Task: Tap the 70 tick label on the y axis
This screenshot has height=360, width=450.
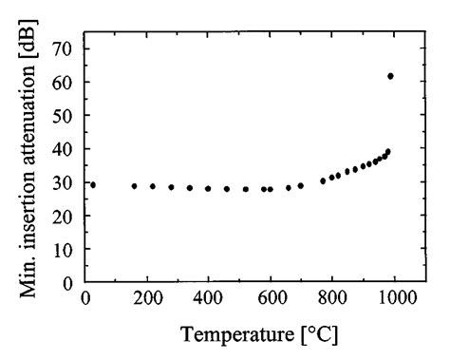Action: (67, 47)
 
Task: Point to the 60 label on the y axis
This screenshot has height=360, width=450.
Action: (67, 82)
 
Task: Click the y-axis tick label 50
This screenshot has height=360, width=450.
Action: (67, 115)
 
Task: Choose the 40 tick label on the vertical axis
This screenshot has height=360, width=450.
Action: (67, 148)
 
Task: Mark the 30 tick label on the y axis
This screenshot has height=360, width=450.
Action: (67, 181)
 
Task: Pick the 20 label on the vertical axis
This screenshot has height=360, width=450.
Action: (67, 215)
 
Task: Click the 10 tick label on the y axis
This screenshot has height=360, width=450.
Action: (67, 248)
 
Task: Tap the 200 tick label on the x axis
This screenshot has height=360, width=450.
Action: (147, 298)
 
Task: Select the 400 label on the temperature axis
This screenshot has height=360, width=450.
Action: (209, 298)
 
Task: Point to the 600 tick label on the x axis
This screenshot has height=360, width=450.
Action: (271, 298)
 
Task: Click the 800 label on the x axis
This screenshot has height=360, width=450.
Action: (332, 298)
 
